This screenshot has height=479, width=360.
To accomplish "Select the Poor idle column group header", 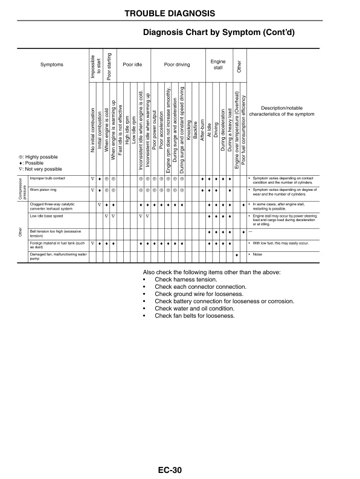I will [x=132, y=63].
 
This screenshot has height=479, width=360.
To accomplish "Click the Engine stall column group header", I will [x=217, y=63].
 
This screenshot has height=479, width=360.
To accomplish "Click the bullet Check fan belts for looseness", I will [x=194, y=315].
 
